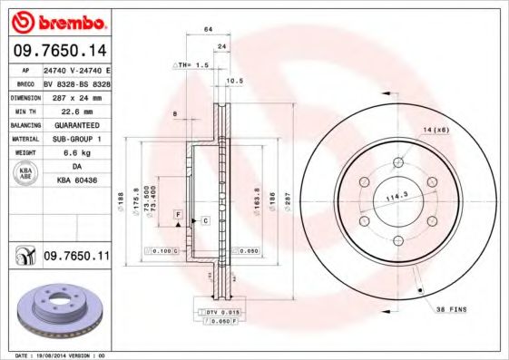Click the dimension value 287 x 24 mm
(76, 95)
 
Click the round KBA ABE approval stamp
(27, 175)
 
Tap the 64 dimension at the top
(208, 30)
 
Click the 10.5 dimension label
(234, 82)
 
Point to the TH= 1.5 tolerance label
(191, 66)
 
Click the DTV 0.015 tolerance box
(218, 313)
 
